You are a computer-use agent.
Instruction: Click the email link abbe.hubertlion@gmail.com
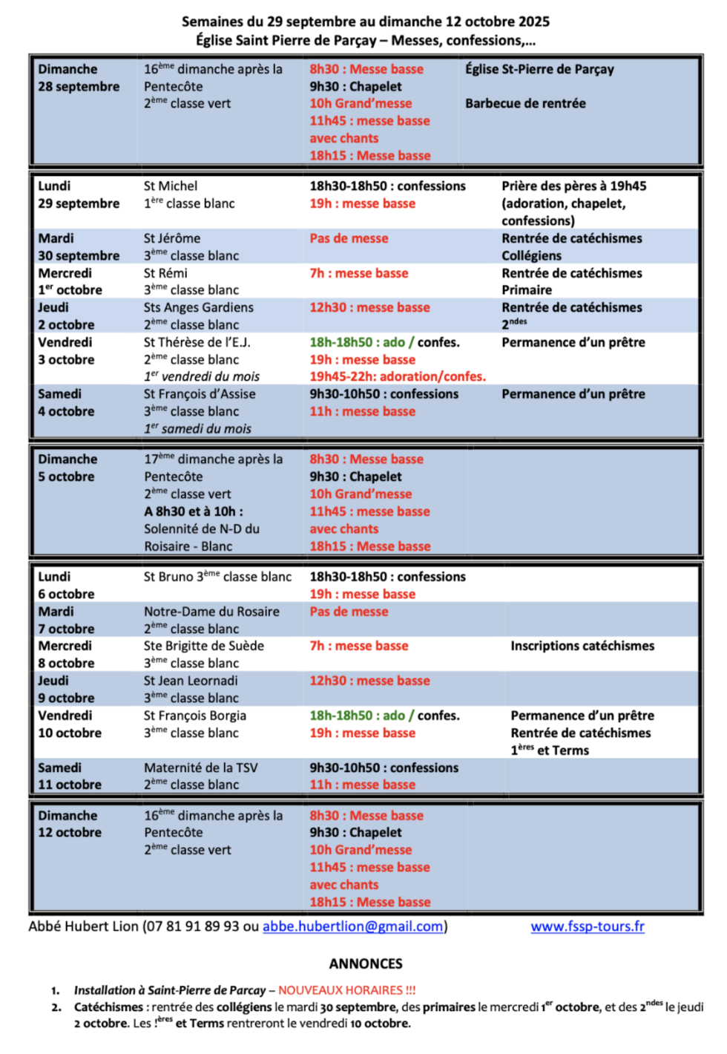click(x=353, y=926)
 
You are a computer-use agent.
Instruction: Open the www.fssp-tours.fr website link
click(x=588, y=926)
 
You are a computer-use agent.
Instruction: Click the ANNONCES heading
click(x=366, y=963)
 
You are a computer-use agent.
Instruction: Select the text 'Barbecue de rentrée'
click(x=525, y=103)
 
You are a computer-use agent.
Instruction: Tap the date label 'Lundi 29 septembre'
click(x=79, y=194)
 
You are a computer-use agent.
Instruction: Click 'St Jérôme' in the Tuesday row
click(x=172, y=238)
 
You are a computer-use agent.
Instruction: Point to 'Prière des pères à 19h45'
click(x=573, y=186)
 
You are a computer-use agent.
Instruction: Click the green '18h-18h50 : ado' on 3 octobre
click(x=357, y=342)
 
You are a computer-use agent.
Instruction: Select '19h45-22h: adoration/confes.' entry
click(x=398, y=376)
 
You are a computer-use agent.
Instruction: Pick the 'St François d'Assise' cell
click(x=200, y=394)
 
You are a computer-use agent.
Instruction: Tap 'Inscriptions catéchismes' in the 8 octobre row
click(x=582, y=646)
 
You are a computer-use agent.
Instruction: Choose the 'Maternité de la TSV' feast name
click(x=201, y=767)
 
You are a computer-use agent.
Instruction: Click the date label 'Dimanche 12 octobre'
click(x=70, y=824)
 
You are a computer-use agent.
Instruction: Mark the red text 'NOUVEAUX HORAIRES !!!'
click(x=347, y=990)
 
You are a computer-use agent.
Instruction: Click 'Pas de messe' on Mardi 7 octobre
click(x=349, y=612)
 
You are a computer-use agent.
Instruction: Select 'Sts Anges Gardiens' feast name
click(x=199, y=307)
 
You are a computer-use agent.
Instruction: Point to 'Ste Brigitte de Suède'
click(x=204, y=646)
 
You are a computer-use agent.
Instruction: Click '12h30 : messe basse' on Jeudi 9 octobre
click(x=369, y=681)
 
